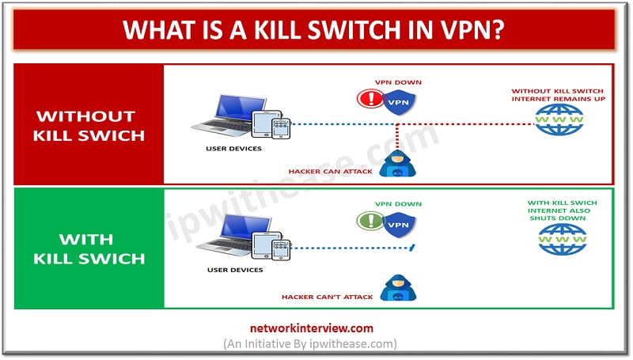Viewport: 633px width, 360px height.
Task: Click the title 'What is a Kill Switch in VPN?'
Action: (x=316, y=32)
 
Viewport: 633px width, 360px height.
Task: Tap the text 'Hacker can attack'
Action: (x=330, y=171)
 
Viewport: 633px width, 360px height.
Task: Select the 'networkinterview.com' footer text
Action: (x=316, y=328)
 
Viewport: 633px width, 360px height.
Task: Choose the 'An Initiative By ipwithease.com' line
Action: (x=316, y=343)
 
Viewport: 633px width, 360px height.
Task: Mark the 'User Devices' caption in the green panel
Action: (x=235, y=270)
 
